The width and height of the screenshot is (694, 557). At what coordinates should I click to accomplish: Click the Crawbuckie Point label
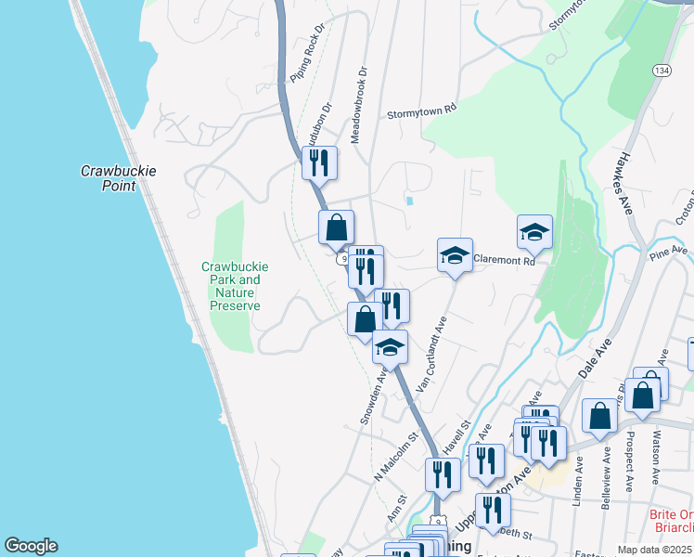(118, 178)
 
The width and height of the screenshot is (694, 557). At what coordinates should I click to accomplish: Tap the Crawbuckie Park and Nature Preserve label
(235, 286)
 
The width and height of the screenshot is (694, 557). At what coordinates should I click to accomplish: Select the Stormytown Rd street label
(423, 110)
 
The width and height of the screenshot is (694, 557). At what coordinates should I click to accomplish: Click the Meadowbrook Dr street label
(358, 103)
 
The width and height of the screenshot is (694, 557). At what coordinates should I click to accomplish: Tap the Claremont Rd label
(505, 262)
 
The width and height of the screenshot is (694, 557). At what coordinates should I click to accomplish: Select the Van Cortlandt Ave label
(431, 354)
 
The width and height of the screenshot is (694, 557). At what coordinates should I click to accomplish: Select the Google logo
(31, 546)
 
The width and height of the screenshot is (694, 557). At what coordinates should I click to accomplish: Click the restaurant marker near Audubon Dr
(319, 163)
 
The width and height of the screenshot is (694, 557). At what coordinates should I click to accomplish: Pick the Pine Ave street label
(668, 253)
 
